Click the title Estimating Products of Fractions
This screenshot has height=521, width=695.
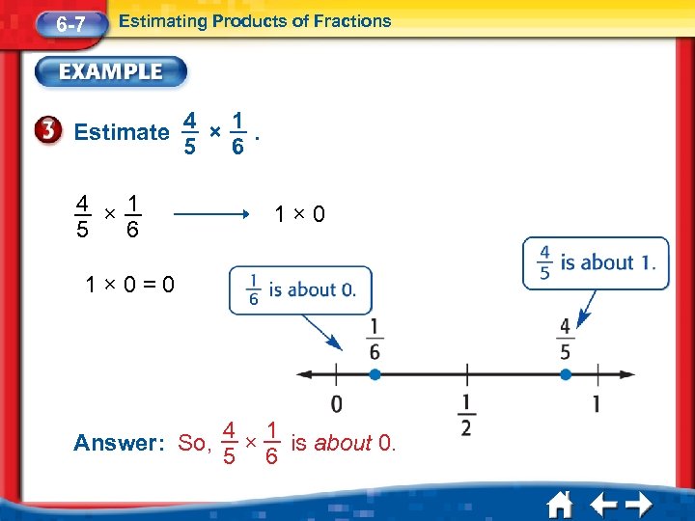coord(255,20)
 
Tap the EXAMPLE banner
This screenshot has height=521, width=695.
coord(112,71)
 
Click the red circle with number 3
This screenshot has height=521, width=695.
coord(54,132)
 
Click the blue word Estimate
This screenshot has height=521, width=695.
coord(122,132)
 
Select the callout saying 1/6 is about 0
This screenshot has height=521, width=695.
coord(300,289)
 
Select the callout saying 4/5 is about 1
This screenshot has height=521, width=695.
coord(596,262)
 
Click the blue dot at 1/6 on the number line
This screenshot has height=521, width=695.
coord(375,373)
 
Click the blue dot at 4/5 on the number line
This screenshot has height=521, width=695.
coord(565,373)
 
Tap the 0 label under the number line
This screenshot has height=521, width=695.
coord(336,403)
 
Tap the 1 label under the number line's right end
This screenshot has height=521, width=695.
coord(597,403)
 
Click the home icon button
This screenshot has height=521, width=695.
coord(561,504)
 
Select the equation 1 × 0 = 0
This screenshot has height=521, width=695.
coord(130,285)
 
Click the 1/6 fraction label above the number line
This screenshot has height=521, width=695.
coord(374,340)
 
